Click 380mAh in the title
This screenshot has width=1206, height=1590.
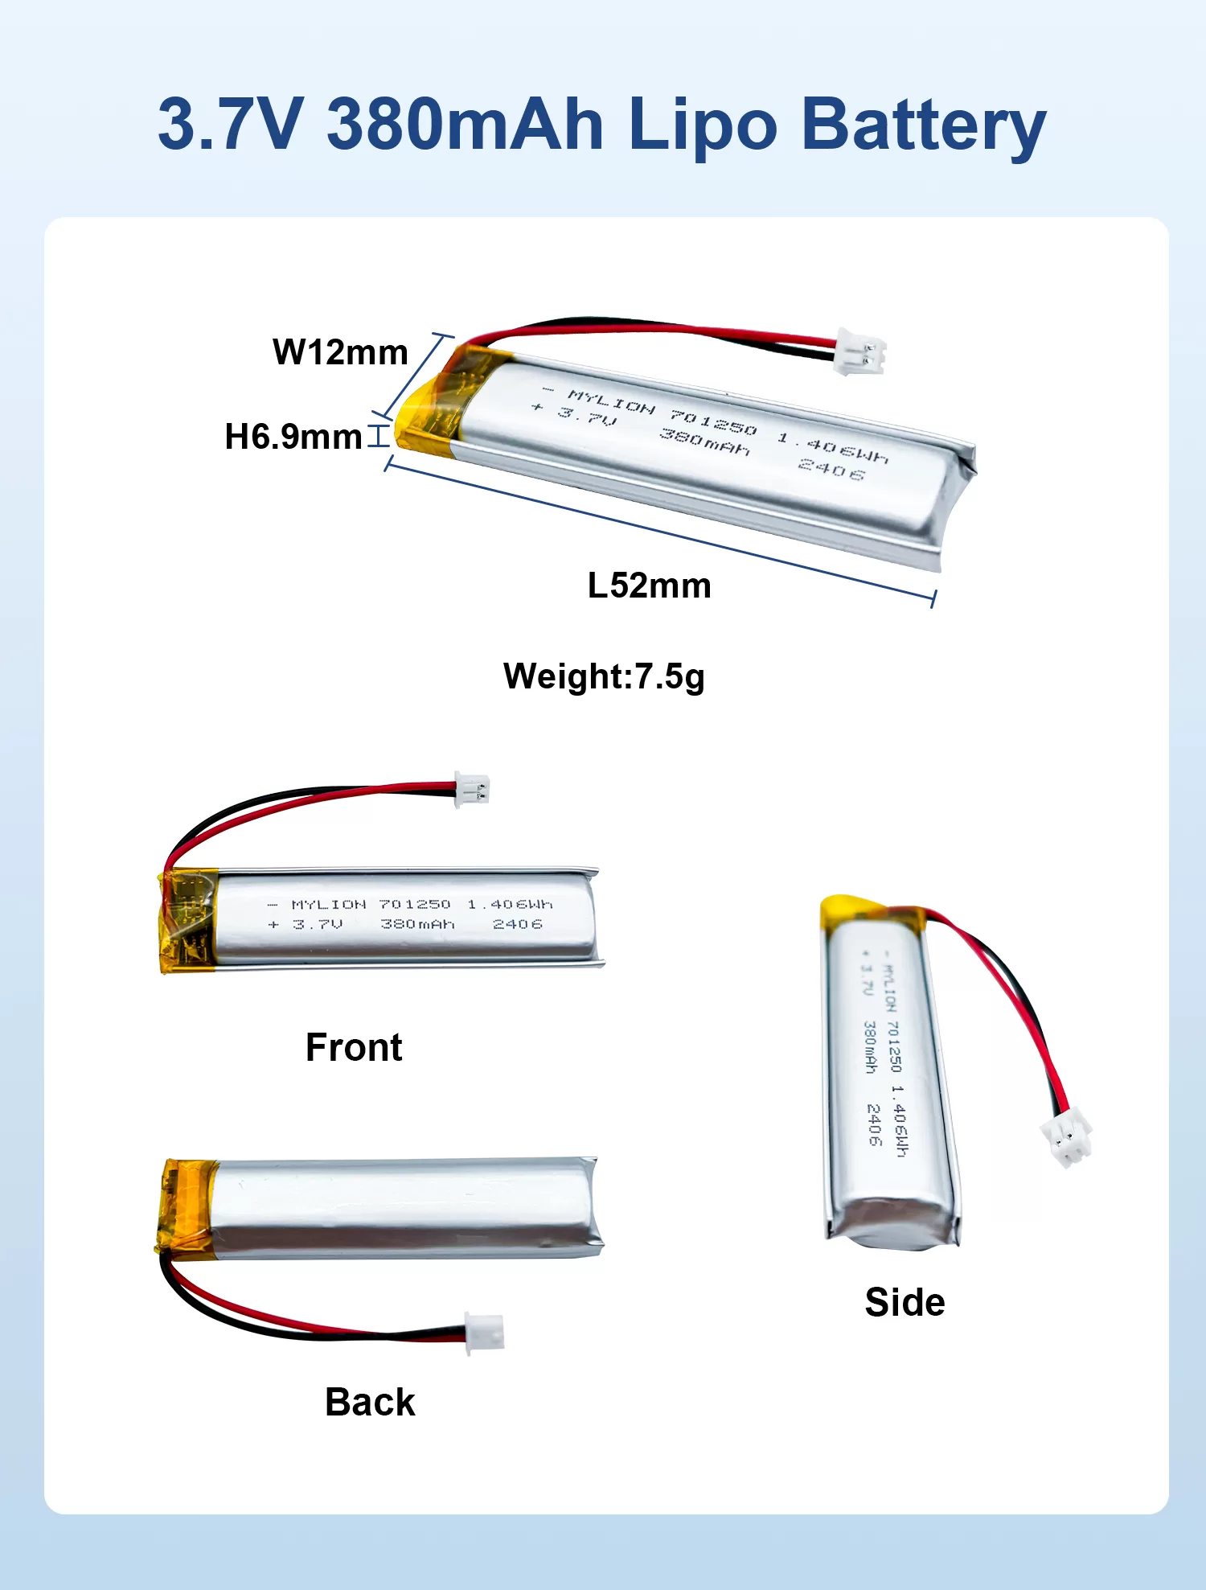coord(465,124)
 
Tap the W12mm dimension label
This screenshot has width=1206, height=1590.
coord(340,352)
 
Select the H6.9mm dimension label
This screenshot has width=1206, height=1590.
coord(293,437)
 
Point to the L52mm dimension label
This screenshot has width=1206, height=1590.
coord(649,585)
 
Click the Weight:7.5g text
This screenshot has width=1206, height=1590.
coord(604,676)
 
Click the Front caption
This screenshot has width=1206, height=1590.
coord(354,1047)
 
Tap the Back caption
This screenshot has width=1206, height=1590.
coord(370,1402)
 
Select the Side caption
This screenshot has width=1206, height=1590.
coord(904,1302)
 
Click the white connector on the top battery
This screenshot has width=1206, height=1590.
coord(860,351)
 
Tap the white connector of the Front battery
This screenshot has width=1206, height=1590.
coord(472,790)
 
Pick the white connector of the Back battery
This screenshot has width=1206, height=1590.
coord(485,1331)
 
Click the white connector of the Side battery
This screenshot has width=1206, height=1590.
coord(1066,1136)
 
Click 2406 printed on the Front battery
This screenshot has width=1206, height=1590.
coord(517,924)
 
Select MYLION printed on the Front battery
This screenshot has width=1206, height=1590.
coord(328,905)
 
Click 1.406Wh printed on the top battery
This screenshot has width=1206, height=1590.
coord(832,448)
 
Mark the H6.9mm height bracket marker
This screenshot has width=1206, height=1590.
coord(378,436)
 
